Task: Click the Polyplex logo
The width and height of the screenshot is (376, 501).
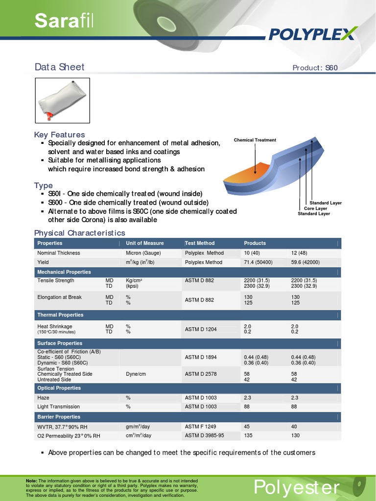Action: (313, 34)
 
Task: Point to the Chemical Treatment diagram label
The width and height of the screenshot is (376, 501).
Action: (255, 140)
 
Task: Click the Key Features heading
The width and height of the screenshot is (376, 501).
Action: (59, 135)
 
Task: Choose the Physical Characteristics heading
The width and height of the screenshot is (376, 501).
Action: (79, 233)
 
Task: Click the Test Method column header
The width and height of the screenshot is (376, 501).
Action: (200, 243)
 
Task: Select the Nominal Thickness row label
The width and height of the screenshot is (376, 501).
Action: (59, 253)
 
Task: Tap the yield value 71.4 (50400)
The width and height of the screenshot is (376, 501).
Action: (258, 262)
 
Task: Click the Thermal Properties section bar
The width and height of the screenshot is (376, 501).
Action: (188, 315)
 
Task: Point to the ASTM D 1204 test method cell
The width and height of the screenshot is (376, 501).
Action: (201, 329)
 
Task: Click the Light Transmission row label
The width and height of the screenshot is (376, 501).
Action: (59, 407)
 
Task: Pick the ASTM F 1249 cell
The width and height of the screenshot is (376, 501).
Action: (200, 427)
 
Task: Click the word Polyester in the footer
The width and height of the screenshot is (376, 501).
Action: (296, 487)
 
